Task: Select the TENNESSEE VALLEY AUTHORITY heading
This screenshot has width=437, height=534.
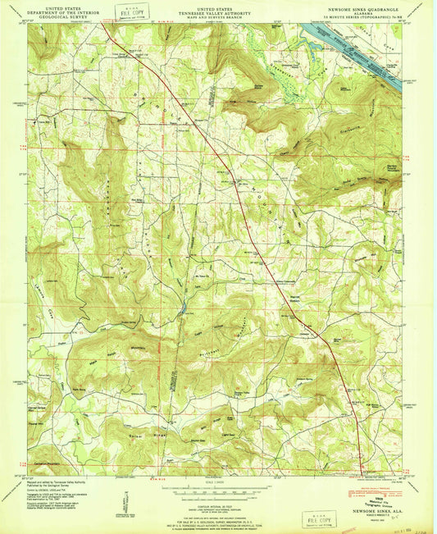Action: [x=216, y=10]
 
